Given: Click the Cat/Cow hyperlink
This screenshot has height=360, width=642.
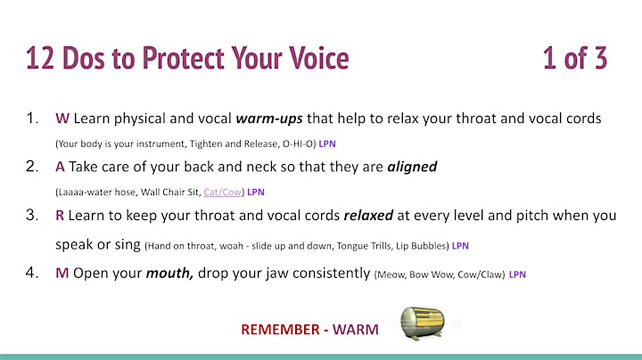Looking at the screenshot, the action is coord(222,192).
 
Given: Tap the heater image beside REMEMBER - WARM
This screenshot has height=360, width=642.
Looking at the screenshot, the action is coord(423,323).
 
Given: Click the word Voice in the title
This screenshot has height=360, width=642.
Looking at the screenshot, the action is coord(318,58).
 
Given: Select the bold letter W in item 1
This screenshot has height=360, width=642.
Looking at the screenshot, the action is coord(62,119).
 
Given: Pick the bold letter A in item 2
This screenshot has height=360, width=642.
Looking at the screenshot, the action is coord(60,167).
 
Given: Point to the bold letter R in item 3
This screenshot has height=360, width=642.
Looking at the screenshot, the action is coord(60,215).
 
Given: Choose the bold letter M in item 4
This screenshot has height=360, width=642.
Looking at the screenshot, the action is coord(62,273).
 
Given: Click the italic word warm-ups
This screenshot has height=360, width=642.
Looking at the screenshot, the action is coord(269,119).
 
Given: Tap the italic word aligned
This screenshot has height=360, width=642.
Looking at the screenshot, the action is coord(412,167).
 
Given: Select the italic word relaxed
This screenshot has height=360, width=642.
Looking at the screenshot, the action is coord(368,215).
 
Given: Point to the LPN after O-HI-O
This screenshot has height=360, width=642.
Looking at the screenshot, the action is coord(327,144).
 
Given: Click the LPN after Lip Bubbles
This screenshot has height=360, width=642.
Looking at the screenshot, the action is coord(460,246).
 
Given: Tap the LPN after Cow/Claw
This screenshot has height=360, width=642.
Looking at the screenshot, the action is coord(517,274).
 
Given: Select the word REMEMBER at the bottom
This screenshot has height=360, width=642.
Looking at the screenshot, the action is coord(280,330).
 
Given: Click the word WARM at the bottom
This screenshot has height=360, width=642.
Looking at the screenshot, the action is coord(356,330).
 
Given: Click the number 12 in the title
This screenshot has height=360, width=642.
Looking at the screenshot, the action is coord(40,58).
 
